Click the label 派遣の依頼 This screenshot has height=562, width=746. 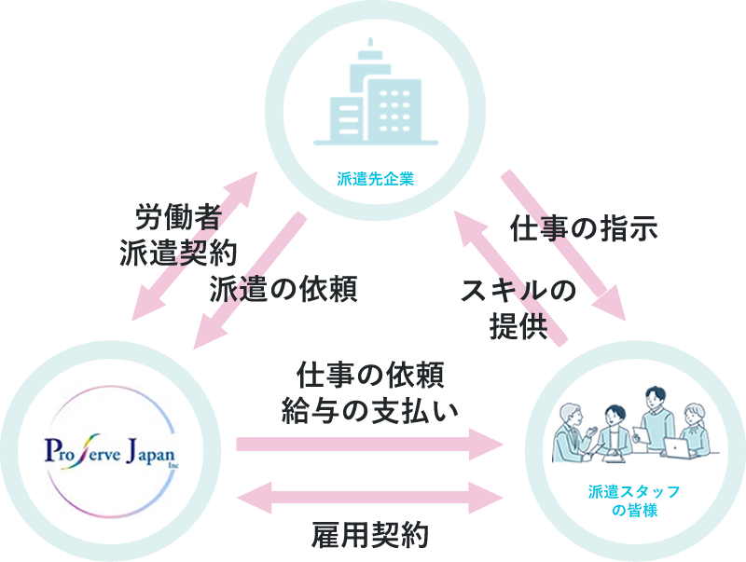[283, 289]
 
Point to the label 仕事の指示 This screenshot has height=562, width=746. [585, 228]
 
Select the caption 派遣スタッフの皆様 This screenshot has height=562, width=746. [633, 500]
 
